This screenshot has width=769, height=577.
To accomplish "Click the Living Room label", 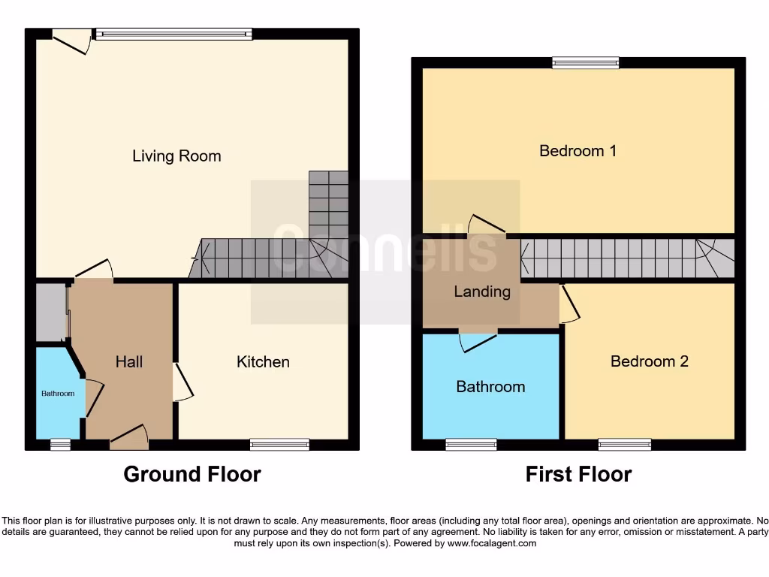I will coord(176,156).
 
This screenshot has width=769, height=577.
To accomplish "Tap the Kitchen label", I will coord(263,362).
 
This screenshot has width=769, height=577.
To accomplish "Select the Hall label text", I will coord(129,362).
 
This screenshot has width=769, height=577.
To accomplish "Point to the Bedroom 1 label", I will coord(578,151).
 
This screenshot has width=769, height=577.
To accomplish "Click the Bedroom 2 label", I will coord(649,361).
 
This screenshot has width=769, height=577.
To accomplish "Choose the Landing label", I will coord(482,292).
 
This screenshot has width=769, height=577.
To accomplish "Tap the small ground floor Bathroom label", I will coord(58,394).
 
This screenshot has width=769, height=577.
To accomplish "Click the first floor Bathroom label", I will coord(490,387).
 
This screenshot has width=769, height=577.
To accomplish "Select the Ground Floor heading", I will coord(192,475).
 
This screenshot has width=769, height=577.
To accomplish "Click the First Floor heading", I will coord(578,475).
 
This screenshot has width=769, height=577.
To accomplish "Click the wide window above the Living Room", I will coord(173,33).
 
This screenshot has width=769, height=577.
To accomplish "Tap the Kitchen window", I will coord(279,445).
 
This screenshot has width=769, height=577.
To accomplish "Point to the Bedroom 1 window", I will coord(586,63).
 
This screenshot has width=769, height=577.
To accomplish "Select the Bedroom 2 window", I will coord(625,445).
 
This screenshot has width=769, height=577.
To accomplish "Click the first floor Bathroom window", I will coord(471,445).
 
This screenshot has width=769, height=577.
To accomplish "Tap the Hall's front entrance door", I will coord(129,438).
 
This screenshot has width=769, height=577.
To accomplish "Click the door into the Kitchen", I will coord(182,382).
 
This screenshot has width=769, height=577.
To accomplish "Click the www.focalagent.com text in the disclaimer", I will coord(491,543).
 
